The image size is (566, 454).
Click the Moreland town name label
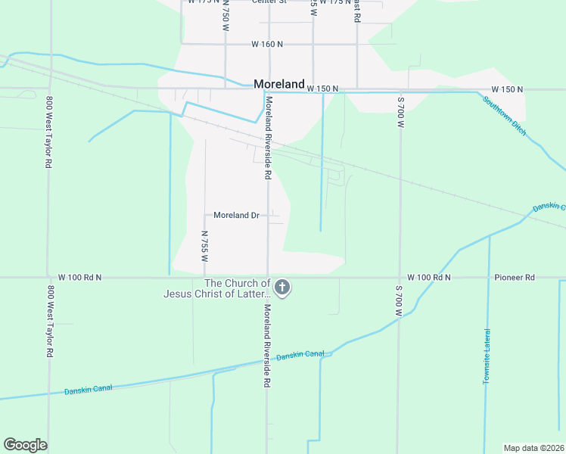(279, 85)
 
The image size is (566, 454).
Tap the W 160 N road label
(267, 45)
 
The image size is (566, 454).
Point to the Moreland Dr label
(236, 216)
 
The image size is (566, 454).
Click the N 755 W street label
(204, 246)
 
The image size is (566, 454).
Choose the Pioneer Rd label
(515, 278)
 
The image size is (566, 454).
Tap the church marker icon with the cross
(282, 288)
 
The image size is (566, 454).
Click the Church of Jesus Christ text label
(216, 288)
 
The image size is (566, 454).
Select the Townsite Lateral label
(486, 356)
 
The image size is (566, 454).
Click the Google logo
(25, 445)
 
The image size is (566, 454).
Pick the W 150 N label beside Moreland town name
(322, 89)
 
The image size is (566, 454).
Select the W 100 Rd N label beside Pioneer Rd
(428, 278)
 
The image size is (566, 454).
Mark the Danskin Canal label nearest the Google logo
(89, 388)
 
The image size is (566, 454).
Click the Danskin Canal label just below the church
(300, 355)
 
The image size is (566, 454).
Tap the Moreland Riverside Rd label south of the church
(267, 347)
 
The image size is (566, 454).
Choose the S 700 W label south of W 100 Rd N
(399, 301)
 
